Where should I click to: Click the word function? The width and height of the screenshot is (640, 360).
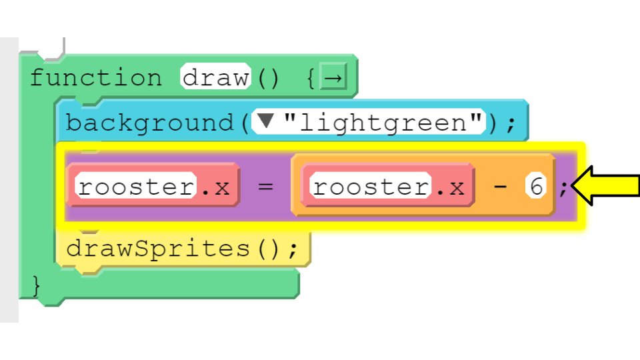coord(96,77)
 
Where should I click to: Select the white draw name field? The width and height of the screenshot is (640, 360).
coord(215,77)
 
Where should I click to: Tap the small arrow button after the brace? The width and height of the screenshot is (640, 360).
coord(333,77)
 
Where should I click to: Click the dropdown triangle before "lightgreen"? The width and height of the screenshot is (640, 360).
coord(266,121)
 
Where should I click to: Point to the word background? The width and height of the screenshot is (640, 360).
coord(150,123)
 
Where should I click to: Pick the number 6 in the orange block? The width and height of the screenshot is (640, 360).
coord(536,186)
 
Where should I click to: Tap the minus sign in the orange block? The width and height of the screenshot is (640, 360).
coord(500,187)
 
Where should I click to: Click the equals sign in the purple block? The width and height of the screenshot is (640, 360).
coord(266,187)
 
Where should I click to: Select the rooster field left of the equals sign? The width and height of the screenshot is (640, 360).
coord(136,186)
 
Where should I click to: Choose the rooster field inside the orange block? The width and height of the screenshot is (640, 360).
coord(371,186)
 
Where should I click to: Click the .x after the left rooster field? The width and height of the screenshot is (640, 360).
coord(216,188)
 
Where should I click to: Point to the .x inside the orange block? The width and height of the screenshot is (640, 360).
coord(451,188)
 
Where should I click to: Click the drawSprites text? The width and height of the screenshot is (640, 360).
coord(159,248)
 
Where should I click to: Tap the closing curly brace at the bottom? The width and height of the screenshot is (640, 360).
coord(36,285)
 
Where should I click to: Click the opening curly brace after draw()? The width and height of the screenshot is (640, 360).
coord(311,78)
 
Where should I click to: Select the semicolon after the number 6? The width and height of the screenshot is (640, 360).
coord(563,189)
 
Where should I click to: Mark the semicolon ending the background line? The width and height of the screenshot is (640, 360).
coord(511,125)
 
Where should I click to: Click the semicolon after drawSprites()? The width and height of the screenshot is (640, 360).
coord(293,250)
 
